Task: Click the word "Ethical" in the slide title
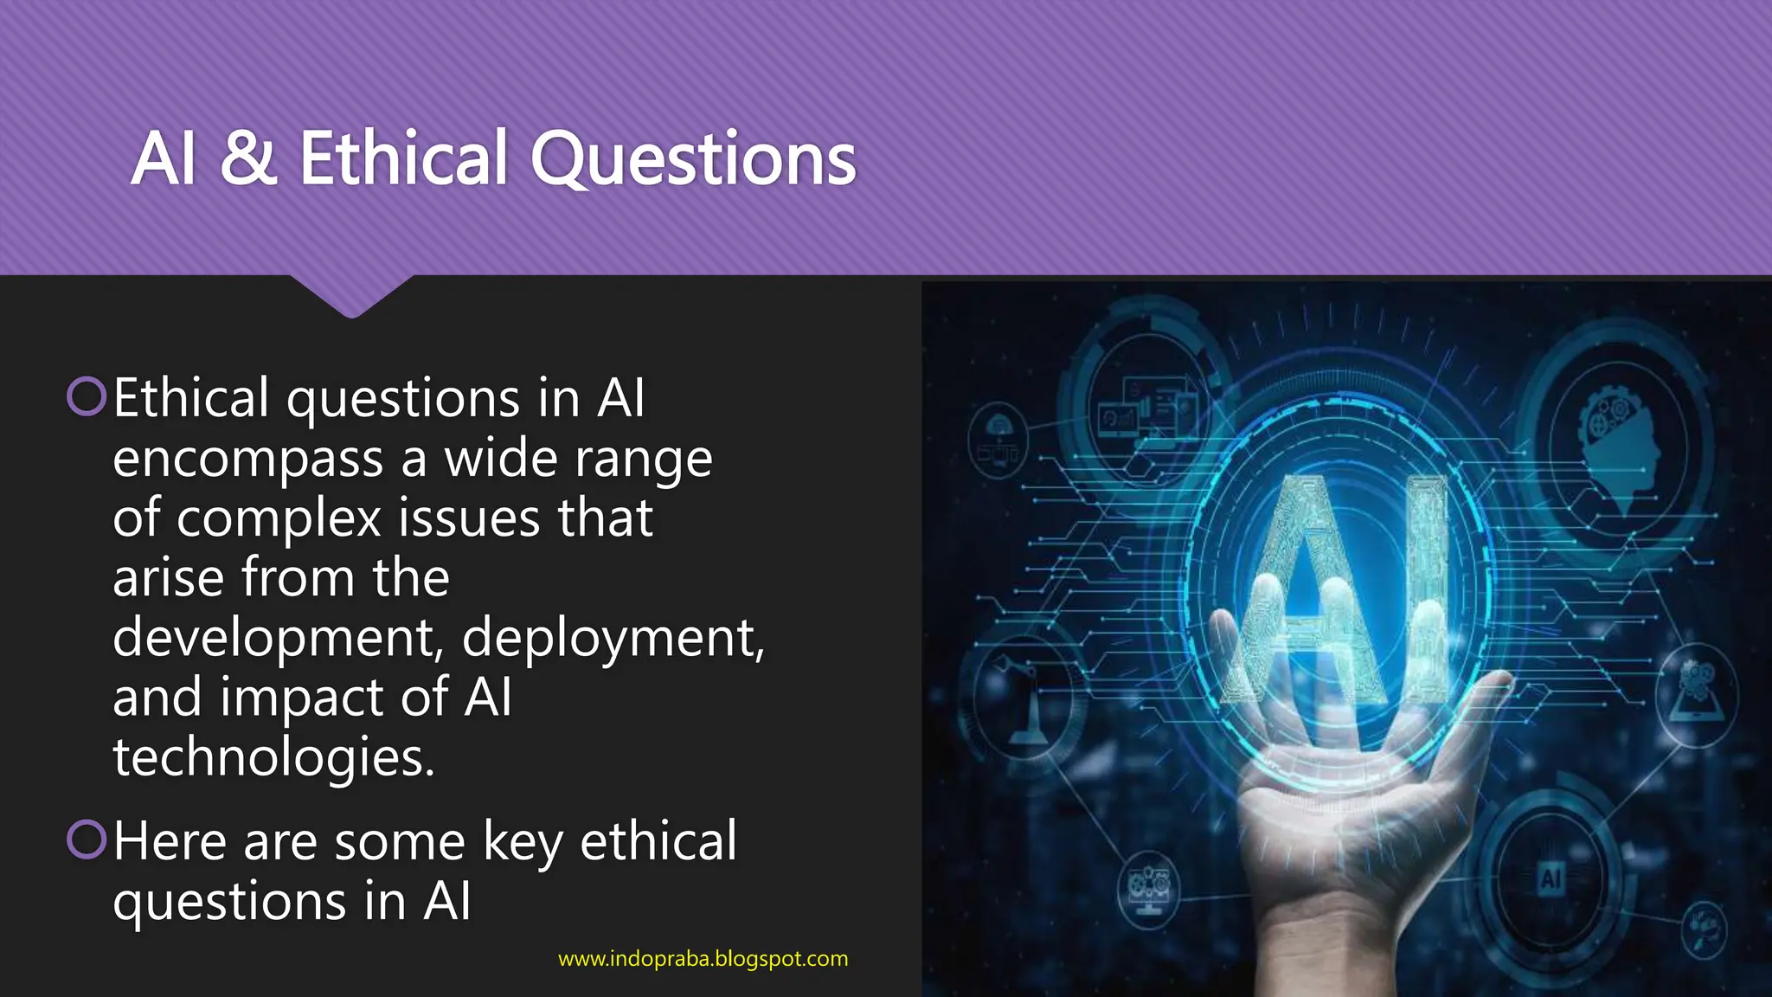(403, 159)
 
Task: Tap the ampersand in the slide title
(248, 159)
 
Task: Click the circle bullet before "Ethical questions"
(87, 396)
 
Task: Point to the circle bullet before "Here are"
(87, 839)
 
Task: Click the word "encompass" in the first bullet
(247, 459)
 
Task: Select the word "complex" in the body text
(279, 518)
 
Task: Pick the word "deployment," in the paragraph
(613, 639)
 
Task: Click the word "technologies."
(273, 758)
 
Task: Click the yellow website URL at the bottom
(703, 959)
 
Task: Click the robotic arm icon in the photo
(1021, 701)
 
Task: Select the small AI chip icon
(1550, 879)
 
